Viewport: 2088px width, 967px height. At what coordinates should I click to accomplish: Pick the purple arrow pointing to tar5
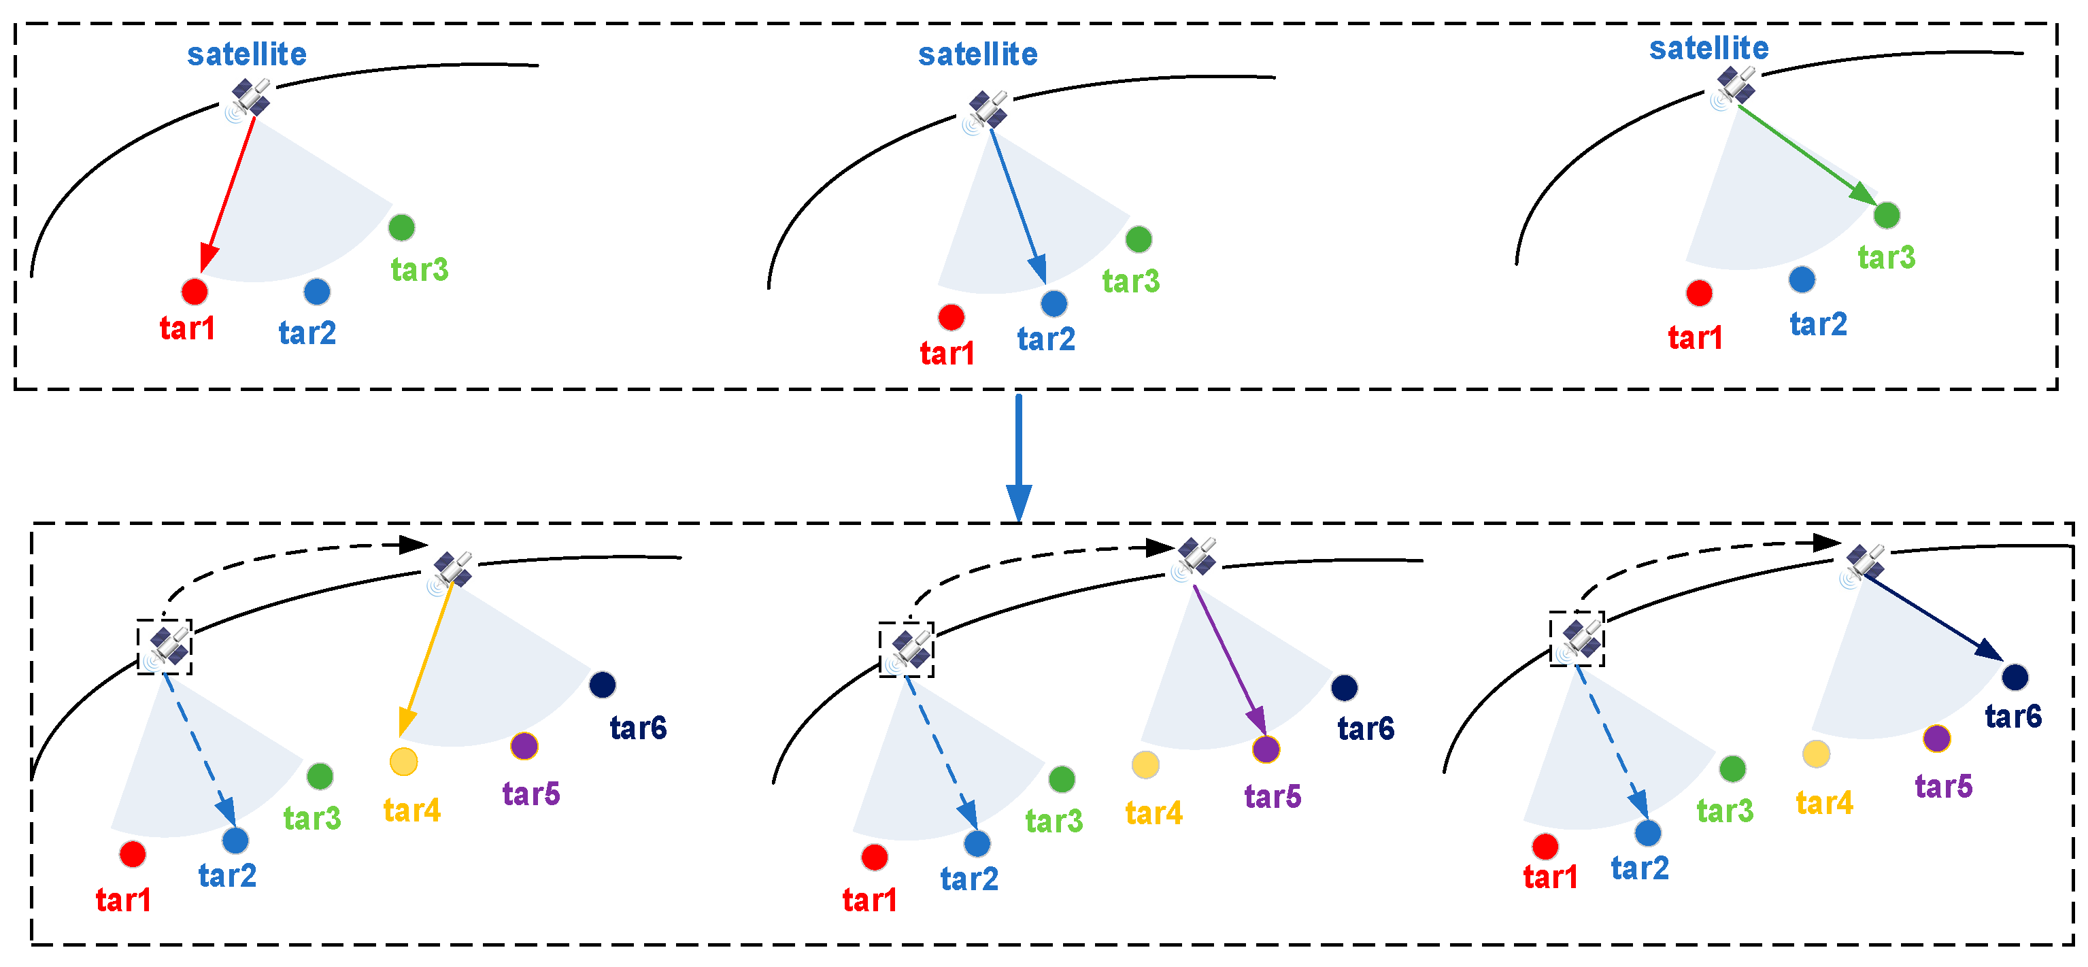(x=1229, y=660)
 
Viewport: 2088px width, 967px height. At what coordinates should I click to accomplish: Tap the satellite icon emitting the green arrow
(x=1734, y=86)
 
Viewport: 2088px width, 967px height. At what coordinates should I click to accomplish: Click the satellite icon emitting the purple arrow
(x=1196, y=556)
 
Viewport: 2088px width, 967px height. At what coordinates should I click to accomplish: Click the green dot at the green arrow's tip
(x=1887, y=215)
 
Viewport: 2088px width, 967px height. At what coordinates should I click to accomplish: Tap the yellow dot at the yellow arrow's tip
(x=404, y=761)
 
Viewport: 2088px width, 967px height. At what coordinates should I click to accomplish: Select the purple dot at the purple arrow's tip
(x=1266, y=749)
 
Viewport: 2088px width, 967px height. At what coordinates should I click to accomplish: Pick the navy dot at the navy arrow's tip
(x=2015, y=676)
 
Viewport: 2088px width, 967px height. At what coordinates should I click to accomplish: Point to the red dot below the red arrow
(x=195, y=291)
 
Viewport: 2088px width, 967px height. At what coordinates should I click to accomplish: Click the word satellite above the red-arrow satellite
(x=246, y=54)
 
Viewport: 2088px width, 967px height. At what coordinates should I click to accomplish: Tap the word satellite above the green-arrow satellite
(x=1708, y=49)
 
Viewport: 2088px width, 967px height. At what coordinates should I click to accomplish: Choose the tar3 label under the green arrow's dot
(x=1886, y=257)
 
